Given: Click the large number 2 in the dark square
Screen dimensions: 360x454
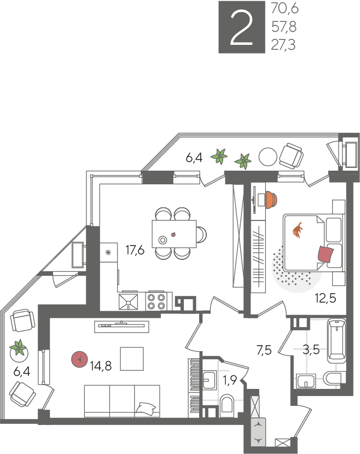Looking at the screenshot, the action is point(241,27).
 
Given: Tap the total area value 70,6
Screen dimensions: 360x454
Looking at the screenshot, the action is point(284,9).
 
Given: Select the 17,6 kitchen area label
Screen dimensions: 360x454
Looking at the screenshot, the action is point(135,249).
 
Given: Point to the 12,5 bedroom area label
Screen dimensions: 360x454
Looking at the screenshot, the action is point(326,298).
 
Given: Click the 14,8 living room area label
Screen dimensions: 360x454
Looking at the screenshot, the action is point(101,366).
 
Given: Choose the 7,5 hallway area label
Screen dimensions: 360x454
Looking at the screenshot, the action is point(264,350).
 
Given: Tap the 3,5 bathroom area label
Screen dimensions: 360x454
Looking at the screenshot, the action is point(311,350).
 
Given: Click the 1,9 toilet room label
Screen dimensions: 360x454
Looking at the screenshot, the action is point(230,380).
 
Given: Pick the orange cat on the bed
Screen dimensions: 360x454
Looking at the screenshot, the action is point(298,230).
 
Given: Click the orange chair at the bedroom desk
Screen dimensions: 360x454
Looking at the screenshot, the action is point(271,199).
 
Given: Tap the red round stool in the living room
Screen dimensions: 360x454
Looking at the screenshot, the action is point(79,359).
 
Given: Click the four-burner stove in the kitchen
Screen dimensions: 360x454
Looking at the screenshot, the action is point(156,301).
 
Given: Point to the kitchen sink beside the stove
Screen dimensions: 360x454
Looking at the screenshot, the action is point(129,302).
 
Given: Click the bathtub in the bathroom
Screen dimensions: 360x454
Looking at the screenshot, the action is point(337,341).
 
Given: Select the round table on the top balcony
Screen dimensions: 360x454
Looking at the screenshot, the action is point(268,156).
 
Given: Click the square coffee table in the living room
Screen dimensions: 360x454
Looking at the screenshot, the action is point(132,359).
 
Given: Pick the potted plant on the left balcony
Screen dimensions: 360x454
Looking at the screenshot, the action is point(19,348).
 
